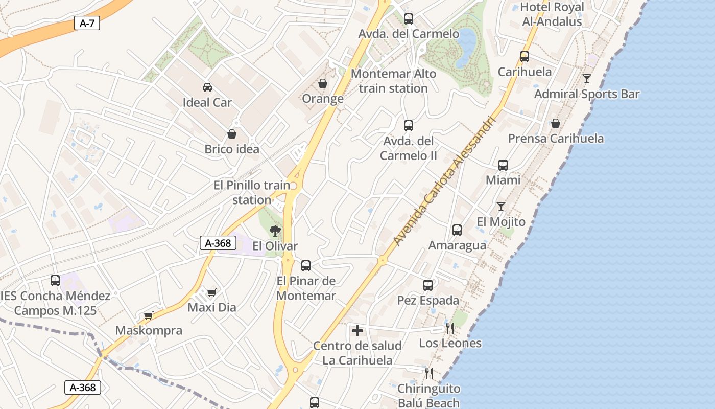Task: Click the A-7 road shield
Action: click(x=87, y=23)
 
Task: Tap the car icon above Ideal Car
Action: click(x=207, y=87)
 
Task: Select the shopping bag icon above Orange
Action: click(x=323, y=83)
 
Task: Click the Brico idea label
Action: click(x=232, y=149)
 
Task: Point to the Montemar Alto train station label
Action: click(x=393, y=81)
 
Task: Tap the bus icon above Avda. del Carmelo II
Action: click(x=409, y=125)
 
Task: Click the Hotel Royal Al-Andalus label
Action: click(x=552, y=14)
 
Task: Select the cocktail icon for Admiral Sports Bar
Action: click(x=587, y=79)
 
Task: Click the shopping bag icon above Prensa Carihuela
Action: click(x=556, y=123)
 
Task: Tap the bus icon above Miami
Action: click(x=503, y=165)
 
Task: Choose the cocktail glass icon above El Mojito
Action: click(x=501, y=207)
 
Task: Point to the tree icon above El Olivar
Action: click(x=275, y=231)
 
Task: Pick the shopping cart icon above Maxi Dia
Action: click(x=212, y=292)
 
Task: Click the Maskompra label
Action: click(x=149, y=330)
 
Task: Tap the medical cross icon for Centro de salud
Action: click(x=357, y=331)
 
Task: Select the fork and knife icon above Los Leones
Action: click(x=450, y=328)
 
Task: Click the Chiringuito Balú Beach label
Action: click(x=428, y=396)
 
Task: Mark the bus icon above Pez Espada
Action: click(x=428, y=285)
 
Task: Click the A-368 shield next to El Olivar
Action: click(x=218, y=243)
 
